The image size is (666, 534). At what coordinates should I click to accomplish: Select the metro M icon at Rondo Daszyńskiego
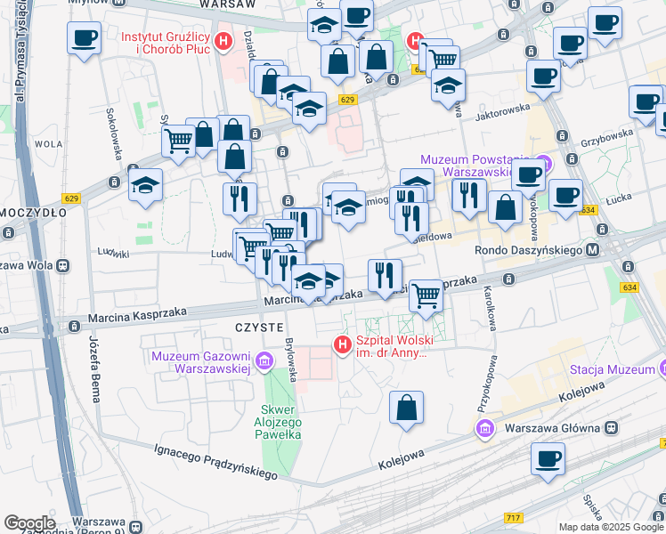[x=592, y=250]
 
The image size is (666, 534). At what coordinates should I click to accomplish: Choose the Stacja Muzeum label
[x=612, y=369]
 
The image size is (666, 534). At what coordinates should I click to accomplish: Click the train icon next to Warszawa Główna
[x=613, y=427]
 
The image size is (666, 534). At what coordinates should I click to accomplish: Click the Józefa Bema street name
[x=95, y=369]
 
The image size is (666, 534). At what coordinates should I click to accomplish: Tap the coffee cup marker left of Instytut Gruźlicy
[x=84, y=38]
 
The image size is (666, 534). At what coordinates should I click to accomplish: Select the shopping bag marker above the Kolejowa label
[x=406, y=409]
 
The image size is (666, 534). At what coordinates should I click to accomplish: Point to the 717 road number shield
[x=512, y=517]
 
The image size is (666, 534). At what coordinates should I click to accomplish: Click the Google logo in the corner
[x=30, y=522]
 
